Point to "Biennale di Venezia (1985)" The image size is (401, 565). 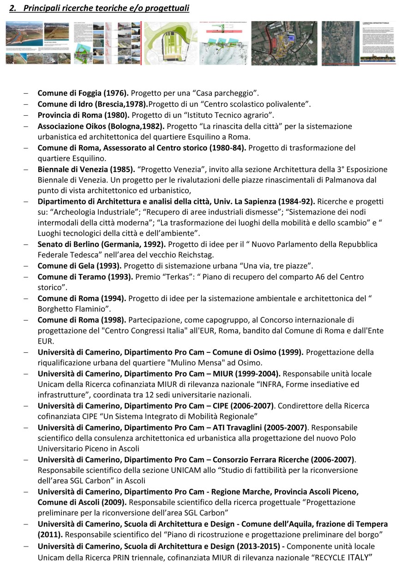click(x=86, y=169)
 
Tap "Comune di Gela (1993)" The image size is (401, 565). click(x=79, y=266)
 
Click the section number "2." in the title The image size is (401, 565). click(x=13, y=8)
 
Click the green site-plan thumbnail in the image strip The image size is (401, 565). click(x=170, y=43)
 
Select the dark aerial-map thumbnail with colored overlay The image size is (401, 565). click(x=284, y=43)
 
